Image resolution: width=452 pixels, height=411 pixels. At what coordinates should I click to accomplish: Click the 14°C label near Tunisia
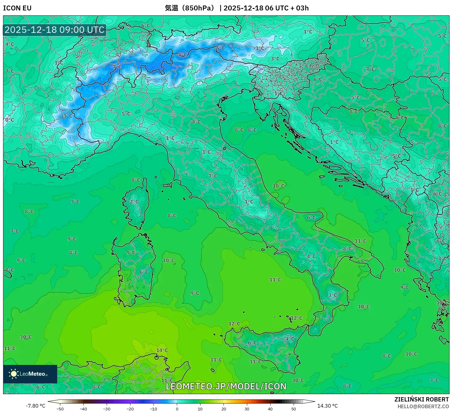(162, 350)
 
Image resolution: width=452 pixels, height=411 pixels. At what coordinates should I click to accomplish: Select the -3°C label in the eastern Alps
(259, 48)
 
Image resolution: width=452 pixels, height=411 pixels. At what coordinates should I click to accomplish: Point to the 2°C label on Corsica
(134, 202)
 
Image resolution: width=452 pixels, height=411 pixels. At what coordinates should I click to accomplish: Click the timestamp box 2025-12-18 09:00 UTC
(54, 30)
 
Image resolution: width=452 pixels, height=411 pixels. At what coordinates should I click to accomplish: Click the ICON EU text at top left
(17, 8)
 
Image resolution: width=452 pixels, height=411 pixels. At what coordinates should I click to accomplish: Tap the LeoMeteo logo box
(30, 374)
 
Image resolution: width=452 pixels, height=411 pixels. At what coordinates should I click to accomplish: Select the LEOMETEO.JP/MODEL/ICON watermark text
(226, 386)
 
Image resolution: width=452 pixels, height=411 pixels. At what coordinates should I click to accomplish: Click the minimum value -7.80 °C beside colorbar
(35, 406)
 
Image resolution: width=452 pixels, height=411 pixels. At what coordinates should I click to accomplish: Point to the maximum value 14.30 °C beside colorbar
(327, 406)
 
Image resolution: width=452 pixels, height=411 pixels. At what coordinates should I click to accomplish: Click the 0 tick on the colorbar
(177, 409)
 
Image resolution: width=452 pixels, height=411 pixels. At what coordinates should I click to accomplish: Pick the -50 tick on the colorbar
(60, 409)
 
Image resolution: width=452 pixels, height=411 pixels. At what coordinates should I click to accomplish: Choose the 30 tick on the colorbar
(247, 409)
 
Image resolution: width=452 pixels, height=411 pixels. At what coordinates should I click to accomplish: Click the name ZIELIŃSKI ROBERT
(422, 399)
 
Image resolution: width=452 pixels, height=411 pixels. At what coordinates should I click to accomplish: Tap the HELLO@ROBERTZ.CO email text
(423, 406)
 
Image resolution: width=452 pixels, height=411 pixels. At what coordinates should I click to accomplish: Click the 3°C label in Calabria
(333, 295)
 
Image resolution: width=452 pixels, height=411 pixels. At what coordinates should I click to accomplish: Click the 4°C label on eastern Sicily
(289, 339)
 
